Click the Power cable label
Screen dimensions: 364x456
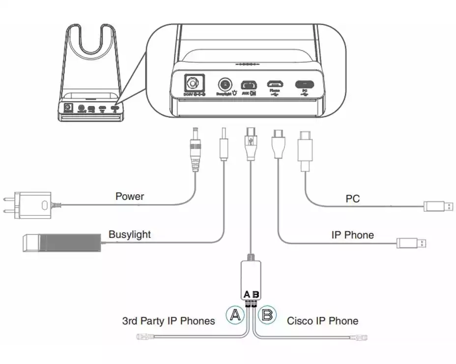coord(130,197)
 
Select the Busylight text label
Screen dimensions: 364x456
coord(130,234)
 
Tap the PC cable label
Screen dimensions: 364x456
coord(352,199)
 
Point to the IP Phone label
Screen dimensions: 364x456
coord(352,235)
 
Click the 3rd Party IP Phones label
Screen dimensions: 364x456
coord(169,321)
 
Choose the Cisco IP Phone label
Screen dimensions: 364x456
coord(322,321)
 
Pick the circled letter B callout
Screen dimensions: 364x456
coord(268,315)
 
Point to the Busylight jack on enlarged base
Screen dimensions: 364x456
coord(226,83)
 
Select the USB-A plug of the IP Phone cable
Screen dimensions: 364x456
coord(411,243)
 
